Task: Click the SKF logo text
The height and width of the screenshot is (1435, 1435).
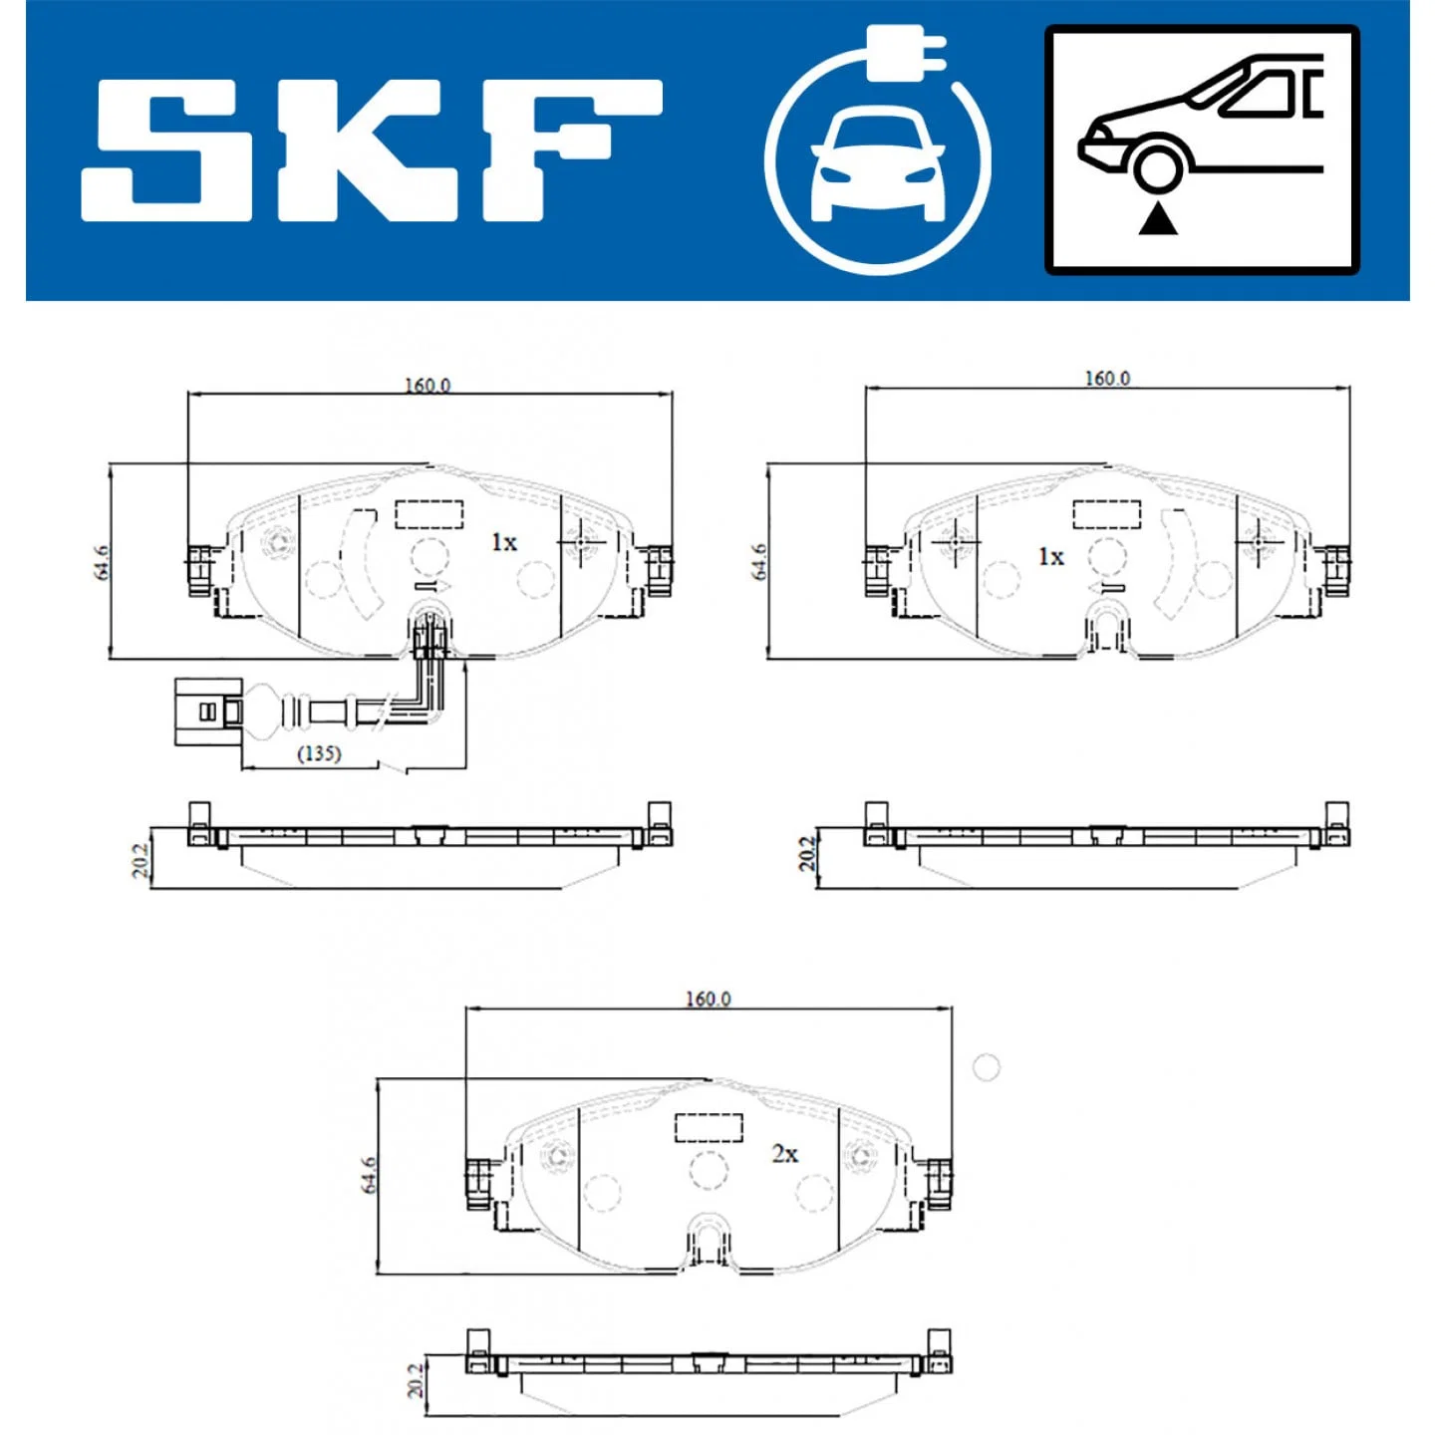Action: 372,149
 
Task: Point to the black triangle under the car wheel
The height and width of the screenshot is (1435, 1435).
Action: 1159,220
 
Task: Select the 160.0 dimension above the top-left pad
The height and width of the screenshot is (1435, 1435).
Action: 428,385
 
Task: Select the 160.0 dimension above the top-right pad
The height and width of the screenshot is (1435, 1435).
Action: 1106,379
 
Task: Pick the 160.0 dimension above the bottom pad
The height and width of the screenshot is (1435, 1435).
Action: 709,1000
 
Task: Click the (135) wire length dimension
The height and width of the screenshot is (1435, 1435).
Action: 319,753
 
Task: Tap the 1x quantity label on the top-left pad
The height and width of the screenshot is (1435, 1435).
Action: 504,542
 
